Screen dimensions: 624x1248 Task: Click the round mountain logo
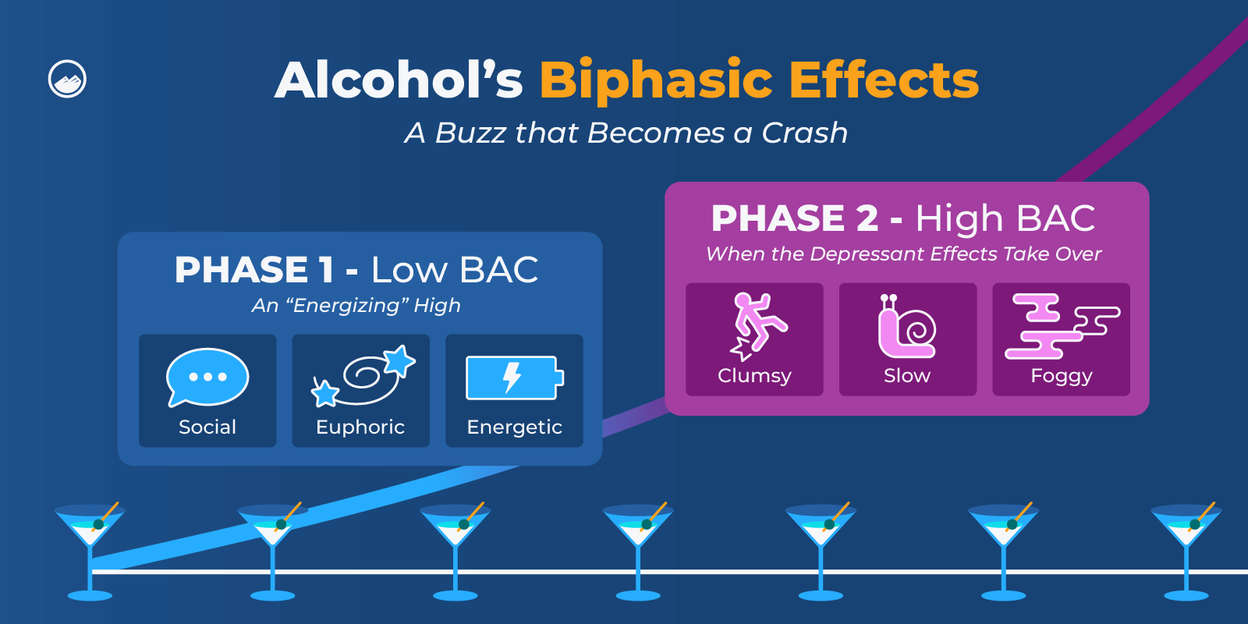point(67,79)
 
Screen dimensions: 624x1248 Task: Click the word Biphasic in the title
point(657,80)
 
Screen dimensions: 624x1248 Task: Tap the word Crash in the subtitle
point(804,133)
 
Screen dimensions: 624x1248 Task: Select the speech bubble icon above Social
point(207,377)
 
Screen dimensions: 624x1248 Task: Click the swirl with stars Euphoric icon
point(363,375)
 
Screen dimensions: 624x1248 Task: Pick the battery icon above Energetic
point(514,378)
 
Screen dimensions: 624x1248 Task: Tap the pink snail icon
point(906,327)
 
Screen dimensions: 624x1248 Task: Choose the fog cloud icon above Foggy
point(1062,326)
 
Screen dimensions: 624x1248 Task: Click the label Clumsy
point(754,376)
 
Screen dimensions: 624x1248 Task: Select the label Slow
point(907,376)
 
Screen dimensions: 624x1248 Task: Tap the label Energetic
point(514,427)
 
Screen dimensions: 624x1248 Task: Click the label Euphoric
point(360,427)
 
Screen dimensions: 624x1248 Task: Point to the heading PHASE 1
point(254,270)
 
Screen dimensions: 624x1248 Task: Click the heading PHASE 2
point(794,218)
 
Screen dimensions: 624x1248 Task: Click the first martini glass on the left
point(90,546)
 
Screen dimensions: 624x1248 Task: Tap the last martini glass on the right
point(1186,546)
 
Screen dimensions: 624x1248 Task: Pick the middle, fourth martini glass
point(638,546)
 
